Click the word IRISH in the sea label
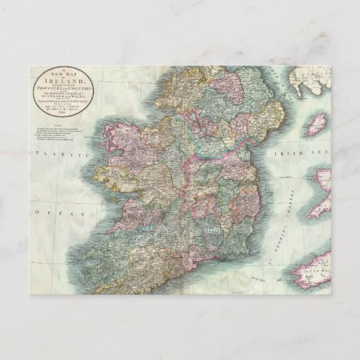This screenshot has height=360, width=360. [x=286, y=154]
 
